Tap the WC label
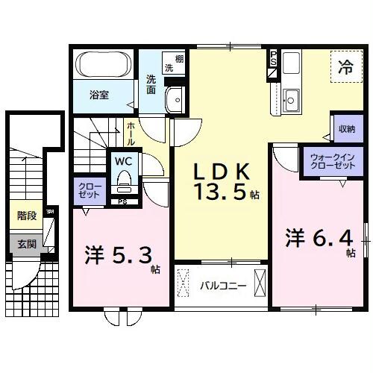pyautogui.click(x=123, y=159)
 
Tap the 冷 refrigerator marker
pyautogui.click(x=346, y=65)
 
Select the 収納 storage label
pyautogui.click(x=345, y=128)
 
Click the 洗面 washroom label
pyautogui.click(x=151, y=85)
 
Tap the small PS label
pyautogui.click(x=122, y=201)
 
